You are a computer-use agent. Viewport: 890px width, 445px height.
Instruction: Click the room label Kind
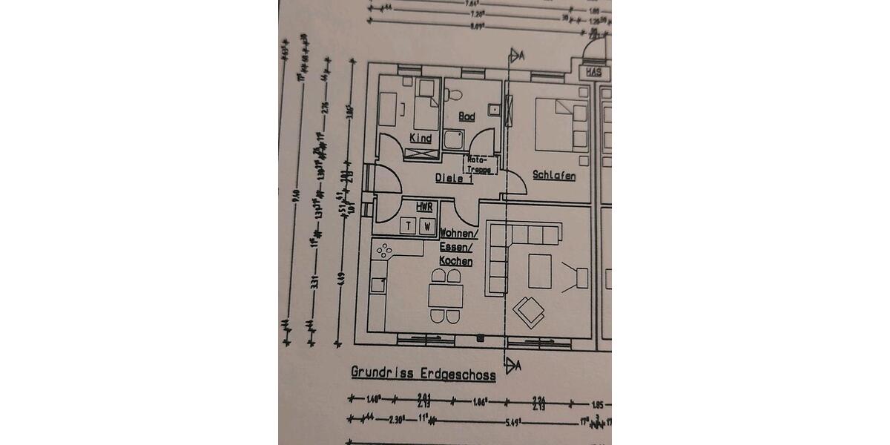421,138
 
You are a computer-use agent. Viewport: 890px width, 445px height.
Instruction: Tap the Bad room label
466,117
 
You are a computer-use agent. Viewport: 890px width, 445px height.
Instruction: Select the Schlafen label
554,176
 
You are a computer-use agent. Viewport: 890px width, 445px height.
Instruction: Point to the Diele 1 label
454,178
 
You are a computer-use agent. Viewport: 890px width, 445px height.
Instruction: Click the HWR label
424,207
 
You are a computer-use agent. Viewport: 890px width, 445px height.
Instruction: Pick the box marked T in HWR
408,226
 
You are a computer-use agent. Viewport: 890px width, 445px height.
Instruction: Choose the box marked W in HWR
426,226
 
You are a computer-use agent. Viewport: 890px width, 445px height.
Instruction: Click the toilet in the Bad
454,93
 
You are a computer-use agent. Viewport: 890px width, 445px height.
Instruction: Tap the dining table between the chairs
446,297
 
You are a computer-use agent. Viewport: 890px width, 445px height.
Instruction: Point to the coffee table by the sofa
539,272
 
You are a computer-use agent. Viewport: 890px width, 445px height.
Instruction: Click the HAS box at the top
593,73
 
